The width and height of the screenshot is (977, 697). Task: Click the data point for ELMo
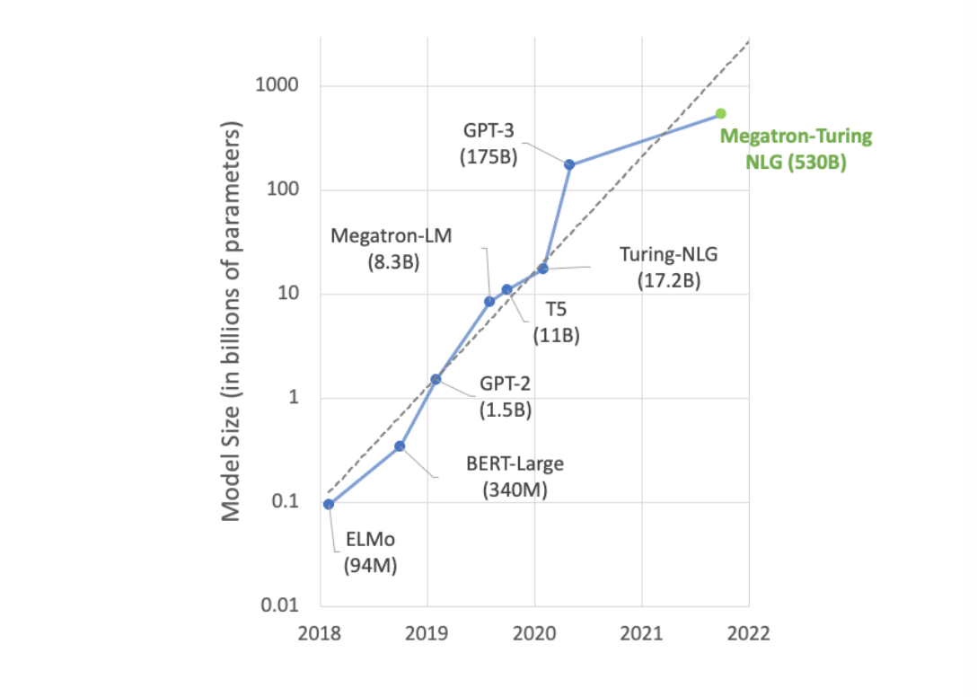coord(329,504)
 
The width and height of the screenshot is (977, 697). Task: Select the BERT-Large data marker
coord(400,446)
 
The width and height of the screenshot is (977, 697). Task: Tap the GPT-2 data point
coord(436,379)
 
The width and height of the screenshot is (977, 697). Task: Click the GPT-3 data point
coord(569,164)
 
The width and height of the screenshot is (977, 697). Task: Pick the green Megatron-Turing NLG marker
coord(720,113)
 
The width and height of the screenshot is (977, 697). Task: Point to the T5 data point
coord(506,289)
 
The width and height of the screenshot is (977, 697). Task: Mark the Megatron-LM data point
coord(489,301)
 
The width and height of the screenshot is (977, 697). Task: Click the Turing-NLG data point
coord(543,269)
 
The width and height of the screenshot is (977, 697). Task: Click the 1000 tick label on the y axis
coord(278,86)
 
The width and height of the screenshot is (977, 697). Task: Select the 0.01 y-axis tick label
coord(280,606)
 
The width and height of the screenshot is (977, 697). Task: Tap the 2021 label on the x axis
coord(641,632)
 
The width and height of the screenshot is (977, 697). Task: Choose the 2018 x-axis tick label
coord(321,632)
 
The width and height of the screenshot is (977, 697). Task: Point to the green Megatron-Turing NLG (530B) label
coord(797,150)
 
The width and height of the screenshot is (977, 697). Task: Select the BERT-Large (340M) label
coord(515,477)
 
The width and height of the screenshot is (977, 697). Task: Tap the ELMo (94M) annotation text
coord(370,552)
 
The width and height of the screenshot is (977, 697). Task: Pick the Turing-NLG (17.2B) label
coord(669,268)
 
